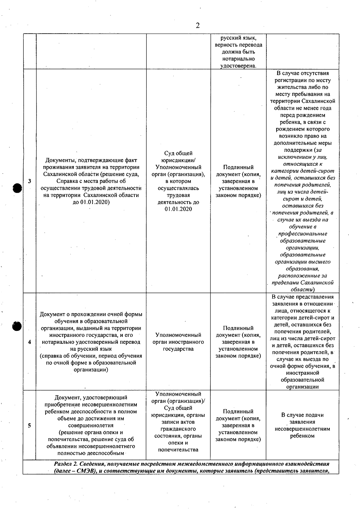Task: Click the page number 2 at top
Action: pos(198,26)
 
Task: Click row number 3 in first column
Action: pos(29,181)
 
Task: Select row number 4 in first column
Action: pos(29,342)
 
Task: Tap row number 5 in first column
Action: pos(29,425)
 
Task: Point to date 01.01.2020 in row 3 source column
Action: pos(178,209)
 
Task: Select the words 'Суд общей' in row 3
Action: pos(178,153)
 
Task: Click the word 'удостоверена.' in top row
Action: pos(238,66)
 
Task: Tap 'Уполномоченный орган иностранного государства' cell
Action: pos(178,342)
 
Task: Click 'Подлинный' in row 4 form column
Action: pos(238,328)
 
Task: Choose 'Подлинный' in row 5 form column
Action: pos(238,411)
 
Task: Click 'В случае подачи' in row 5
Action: pos(302,415)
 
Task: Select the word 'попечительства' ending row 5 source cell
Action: pos(178,449)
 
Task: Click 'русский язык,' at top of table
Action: pos(238,38)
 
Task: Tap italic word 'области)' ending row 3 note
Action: pos(302,290)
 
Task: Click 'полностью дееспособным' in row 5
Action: pos(91,453)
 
